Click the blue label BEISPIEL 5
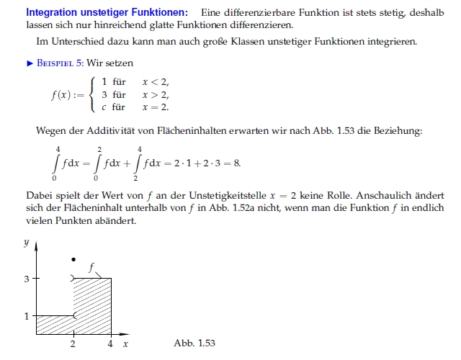(63, 63)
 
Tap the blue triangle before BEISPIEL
(30, 63)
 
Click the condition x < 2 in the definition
(155, 82)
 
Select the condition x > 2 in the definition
(155, 94)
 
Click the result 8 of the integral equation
(237, 163)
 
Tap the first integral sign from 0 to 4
(56, 163)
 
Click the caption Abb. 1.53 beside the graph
(194, 343)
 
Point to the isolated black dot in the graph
(73, 259)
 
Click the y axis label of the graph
(27, 243)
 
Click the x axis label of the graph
(125, 344)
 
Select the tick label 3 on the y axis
(27, 278)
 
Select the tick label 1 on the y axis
(27, 316)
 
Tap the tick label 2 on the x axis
(73, 344)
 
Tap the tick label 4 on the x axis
(110, 344)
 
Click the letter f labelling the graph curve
(91, 267)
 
